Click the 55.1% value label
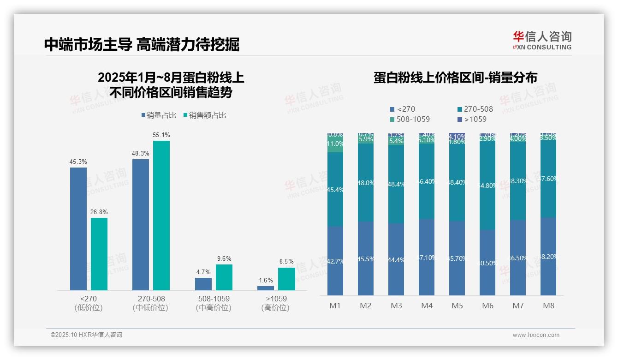[x=161, y=135]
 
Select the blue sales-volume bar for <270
[x=78, y=228]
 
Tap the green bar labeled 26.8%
[x=99, y=254]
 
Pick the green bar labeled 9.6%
[x=224, y=277]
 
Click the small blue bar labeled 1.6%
[x=266, y=288]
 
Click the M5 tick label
[x=457, y=306]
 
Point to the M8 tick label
[x=548, y=306]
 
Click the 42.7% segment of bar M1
[x=335, y=261]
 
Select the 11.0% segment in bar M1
[x=335, y=144]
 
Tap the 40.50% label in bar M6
[x=488, y=263]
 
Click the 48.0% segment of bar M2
[x=366, y=183]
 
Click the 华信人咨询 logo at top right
[x=542, y=40]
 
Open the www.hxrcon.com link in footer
[x=536, y=335]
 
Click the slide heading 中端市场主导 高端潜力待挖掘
[x=142, y=44]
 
